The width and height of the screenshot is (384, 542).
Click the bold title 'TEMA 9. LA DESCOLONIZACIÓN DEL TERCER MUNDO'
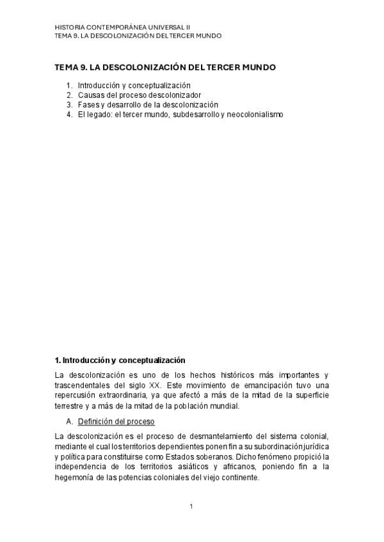tap(165, 67)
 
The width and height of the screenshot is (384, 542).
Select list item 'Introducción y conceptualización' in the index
tap(134, 85)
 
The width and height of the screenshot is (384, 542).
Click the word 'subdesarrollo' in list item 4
tap(195, 114)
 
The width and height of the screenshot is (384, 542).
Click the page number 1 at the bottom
tap(191, 507)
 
